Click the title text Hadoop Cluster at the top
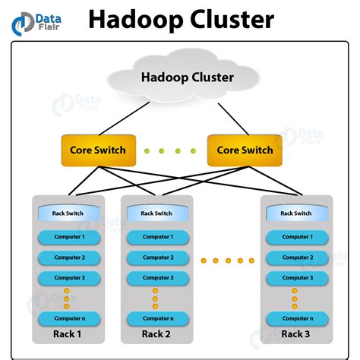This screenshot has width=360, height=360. [181, 19]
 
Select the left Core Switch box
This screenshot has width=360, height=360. [98, 150]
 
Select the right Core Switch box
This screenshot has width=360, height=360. [245, 150]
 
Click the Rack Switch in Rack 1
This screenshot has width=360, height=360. [68, 213]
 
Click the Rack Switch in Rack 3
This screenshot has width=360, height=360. [296, 213]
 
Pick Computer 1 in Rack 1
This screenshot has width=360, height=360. [69, 237]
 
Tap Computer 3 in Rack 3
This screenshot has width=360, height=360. [296, 278]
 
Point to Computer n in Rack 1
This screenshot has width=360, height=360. [69, 317]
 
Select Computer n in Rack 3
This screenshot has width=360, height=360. [296, 317]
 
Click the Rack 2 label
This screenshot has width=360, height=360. [156, 335]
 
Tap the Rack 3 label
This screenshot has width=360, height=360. [296, 335]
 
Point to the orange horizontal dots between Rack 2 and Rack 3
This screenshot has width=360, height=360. [227, 261]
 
